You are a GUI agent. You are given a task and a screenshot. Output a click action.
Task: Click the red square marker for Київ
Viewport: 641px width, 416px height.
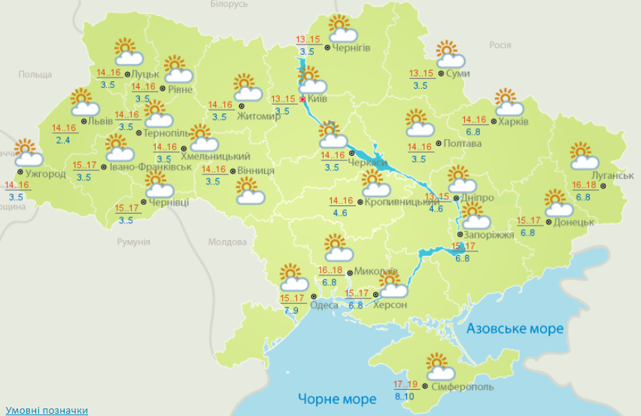pos(302,99)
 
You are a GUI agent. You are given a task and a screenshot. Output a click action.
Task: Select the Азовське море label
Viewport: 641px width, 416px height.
pos(515,329)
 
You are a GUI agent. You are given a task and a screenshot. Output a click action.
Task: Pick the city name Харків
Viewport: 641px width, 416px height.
pos(515,121)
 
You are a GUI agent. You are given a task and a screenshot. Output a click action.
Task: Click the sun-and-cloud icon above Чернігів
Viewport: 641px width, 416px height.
pos(342,29)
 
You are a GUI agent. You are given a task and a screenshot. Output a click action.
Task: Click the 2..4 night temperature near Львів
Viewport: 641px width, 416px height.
pos(62,140)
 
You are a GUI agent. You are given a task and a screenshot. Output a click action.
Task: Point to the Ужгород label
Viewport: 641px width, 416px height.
pos(45,174)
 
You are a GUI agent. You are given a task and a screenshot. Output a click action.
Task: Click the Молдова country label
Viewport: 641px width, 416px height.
pos(228,242)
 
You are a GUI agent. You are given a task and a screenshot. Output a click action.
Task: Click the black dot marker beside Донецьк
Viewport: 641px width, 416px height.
pos(548,222)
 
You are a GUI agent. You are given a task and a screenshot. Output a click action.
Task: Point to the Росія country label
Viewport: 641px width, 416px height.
pos(500,45)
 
